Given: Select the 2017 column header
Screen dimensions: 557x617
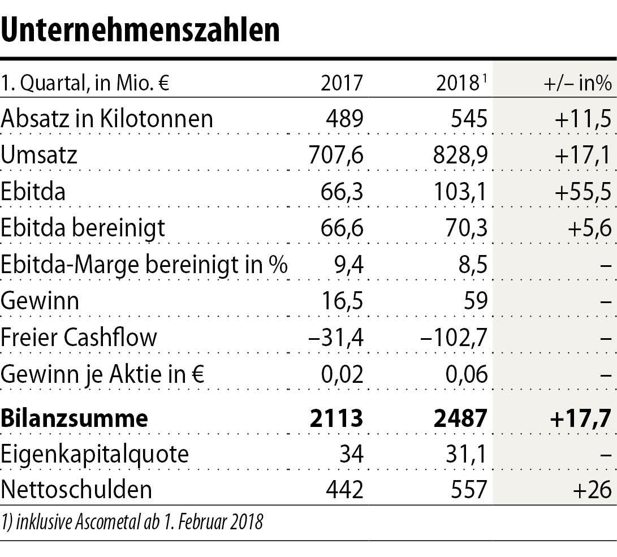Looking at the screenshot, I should pos(342,84).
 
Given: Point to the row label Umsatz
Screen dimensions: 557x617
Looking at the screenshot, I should pos(39,155).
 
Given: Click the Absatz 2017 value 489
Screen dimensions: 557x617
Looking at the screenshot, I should pos(345,119).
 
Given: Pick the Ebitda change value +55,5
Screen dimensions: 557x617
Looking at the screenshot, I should pos(583,192).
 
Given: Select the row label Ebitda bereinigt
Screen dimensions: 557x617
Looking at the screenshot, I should pos(83,228).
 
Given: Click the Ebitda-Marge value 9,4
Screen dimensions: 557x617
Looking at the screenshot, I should pos(348,264).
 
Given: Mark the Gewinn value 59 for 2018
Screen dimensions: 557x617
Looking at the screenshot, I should pos(474,300).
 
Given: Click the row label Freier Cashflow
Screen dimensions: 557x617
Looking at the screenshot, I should pos(79,337).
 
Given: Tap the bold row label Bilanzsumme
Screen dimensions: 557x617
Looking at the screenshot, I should pos(74,418).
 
